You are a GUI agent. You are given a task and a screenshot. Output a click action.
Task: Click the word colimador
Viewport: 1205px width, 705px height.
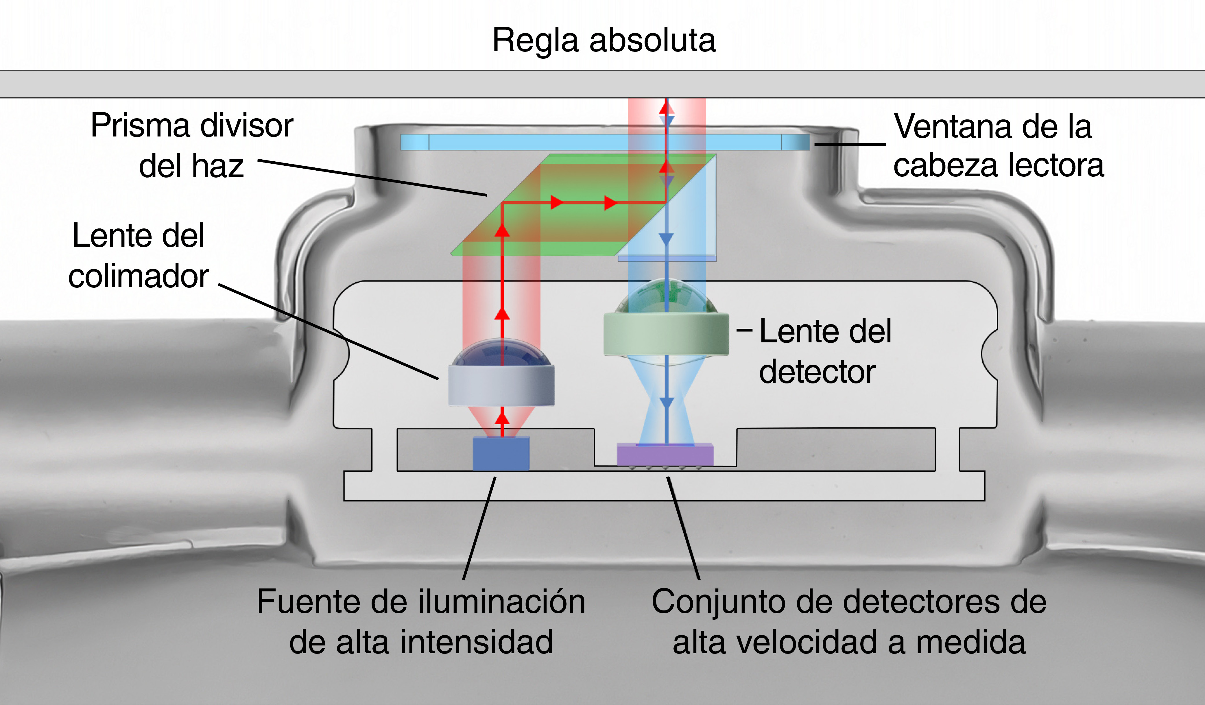[139, 276]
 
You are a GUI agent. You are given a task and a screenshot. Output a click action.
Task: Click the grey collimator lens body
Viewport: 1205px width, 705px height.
[501, 385]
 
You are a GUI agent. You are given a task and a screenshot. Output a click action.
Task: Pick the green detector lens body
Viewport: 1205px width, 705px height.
[666, 334]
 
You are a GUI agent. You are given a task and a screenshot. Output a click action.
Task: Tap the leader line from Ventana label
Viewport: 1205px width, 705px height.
[850, 143]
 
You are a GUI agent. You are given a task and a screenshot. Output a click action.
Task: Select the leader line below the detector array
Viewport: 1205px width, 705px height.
[684, 529]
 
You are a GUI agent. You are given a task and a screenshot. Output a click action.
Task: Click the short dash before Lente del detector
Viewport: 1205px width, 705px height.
[745, 330]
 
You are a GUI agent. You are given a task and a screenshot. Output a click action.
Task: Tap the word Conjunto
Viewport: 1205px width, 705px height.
[717, 602]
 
